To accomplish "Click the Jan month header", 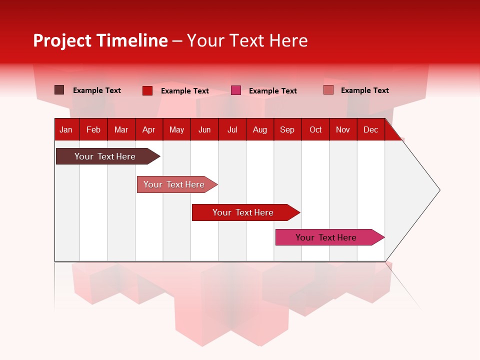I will coord(66,129).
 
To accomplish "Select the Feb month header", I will coord(93,129).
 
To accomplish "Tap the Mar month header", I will coord(121,129).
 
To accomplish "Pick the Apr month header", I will coord(149,129).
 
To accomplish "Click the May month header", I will coord(176,129).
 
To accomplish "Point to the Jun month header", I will coord(204,129).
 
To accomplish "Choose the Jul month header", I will coord(232,129).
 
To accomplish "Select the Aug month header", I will coord(260,129).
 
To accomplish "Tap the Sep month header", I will coord(287,129).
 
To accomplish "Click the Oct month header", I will coord(315,129).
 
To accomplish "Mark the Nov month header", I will coord(343,129).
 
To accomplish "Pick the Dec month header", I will coord(371,129).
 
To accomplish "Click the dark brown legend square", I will coord(59,90).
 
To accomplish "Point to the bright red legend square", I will coord(147,90).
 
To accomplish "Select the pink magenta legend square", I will coord(236,90).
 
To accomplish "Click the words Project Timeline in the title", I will coord(100,40).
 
